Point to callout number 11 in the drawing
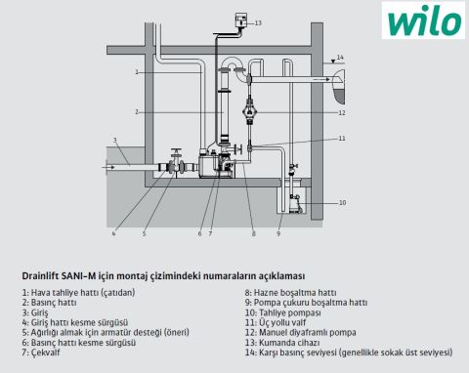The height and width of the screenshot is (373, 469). tap(341, 140)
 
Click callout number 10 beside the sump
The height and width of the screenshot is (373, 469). tap(341, 202)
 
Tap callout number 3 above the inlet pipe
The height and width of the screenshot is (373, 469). tap(115, 141)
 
